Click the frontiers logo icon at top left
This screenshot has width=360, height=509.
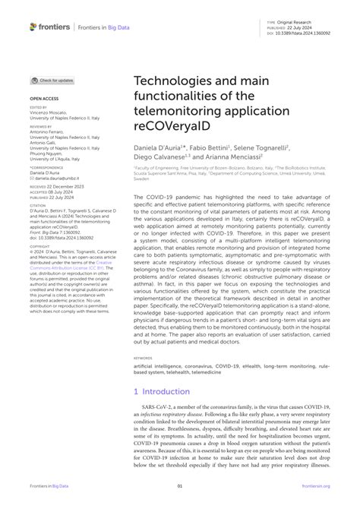pyautogui.click(x=33, y=27)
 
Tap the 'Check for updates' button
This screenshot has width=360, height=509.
pyautogui.click(x=52, y=80)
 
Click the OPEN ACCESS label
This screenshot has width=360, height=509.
pyautogui.click(x=44, y=99)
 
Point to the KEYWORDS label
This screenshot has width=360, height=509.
pyautogui.click(x=143, y=357)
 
